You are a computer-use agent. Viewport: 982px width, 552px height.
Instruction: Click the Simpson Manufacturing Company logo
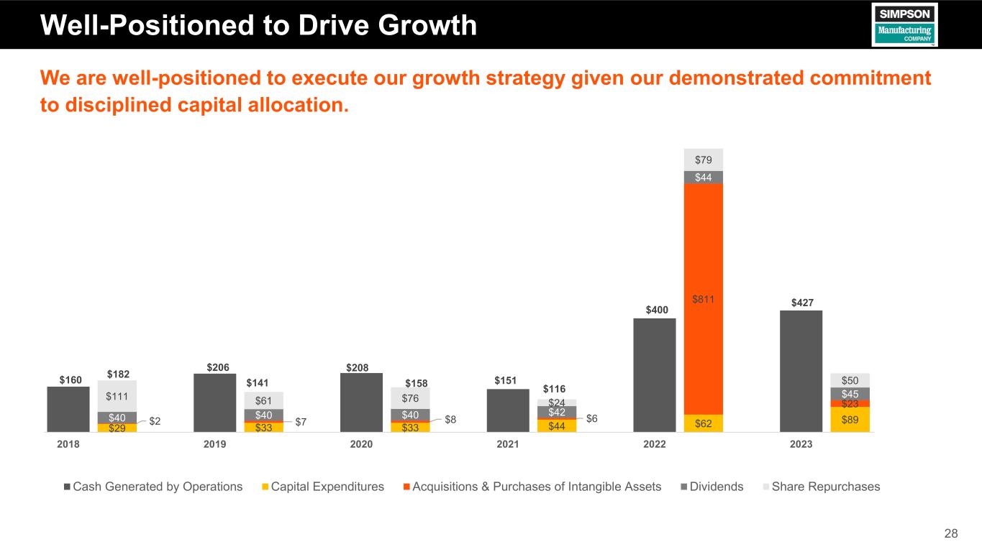coord(904,24)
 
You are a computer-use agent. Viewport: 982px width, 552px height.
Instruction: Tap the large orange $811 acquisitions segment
coord(703,298)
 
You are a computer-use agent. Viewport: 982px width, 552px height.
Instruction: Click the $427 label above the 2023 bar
coord(801,303)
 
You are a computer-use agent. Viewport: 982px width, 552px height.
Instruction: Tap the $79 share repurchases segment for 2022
coord(703,159)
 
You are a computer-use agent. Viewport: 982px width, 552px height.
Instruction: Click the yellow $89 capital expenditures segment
coord(850,420)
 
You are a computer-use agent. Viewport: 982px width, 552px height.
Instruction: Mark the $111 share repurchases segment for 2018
coord(117,396)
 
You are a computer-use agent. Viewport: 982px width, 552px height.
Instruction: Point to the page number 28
coord(951,533)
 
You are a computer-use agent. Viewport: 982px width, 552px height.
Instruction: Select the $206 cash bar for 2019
coord(214,402)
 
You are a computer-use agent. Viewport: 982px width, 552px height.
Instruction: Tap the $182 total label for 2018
coord(119,374)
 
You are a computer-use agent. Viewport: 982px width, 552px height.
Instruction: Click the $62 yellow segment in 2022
coord(703,423)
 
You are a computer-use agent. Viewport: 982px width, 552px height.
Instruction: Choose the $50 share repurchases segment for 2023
coord(850,379)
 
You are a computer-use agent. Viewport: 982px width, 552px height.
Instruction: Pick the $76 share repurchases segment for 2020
coord(410,398)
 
